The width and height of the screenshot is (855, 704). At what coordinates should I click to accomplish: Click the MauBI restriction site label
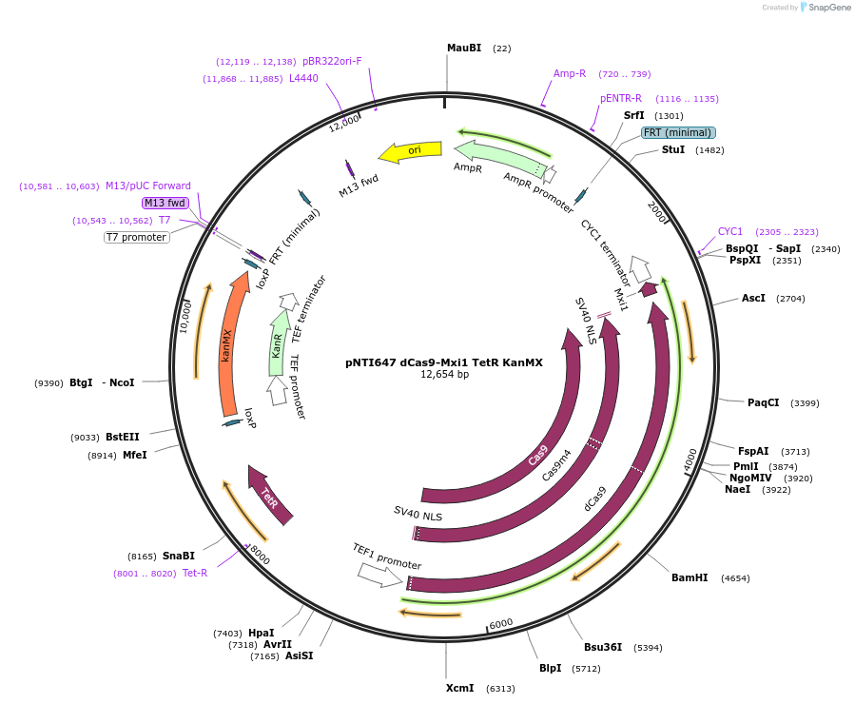(x=464, y=48)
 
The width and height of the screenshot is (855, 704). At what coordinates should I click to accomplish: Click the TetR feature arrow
(x=270, y=493)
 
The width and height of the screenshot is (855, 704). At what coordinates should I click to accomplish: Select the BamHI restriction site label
(x=690, y=577)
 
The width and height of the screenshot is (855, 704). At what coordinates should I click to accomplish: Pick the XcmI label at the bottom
(x=460, y=688)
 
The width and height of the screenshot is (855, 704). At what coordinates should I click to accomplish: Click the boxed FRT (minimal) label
(x=677, y=133)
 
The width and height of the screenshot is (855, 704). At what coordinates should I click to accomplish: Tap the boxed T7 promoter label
(x=137, y=237)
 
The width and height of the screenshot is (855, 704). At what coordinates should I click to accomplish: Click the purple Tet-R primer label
(x=195, y=573)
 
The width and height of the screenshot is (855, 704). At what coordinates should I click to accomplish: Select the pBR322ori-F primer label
(x=332, y=62)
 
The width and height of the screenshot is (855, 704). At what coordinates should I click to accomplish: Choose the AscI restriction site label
(x=753, y=298)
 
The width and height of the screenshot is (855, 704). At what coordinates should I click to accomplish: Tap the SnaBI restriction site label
(x=178, y=556)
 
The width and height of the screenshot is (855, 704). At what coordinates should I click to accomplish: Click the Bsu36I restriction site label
(x=603, y=647)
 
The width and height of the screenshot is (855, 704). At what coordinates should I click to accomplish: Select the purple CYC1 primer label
(x=730, y=231)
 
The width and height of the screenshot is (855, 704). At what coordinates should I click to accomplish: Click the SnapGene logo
(x=826, y=8)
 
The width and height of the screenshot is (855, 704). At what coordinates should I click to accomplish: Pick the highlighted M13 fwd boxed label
(x=165, y=203)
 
